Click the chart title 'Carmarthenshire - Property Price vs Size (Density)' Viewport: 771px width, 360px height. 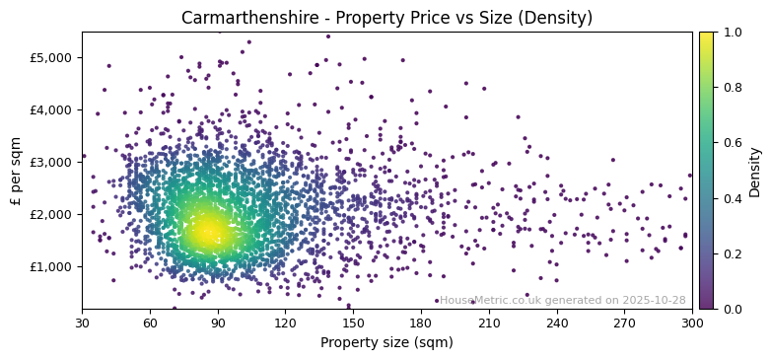click(x=386, y=18)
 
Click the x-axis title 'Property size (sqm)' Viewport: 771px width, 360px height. click(x=386, y=343)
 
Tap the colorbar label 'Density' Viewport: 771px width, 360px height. click(x=754, y=171)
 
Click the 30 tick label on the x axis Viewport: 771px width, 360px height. click(x=82, y=323)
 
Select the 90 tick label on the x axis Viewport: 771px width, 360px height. click(x=218, y=323)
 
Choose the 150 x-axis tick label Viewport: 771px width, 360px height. click(x=353, y=323)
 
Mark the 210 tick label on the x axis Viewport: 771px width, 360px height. click(x=489, y=323)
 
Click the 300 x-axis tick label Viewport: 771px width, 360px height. click(x=692, y=323)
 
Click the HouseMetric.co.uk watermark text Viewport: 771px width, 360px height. click(x=562, y=301)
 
